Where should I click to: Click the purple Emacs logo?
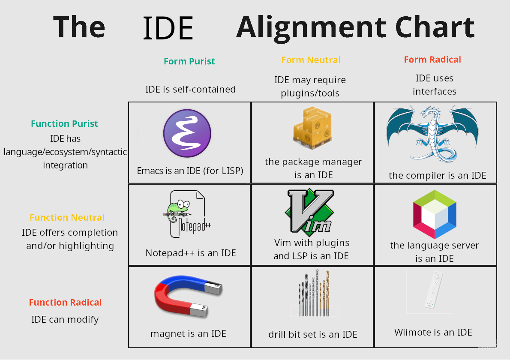187,133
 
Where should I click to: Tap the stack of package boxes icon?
312,127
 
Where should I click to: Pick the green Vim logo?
309,211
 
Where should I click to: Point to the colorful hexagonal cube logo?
435,214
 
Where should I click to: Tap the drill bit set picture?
314,293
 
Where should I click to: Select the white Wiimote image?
434,290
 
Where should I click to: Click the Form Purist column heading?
189,61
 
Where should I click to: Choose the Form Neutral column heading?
311,60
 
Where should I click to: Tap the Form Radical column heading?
432,60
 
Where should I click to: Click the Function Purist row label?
64,123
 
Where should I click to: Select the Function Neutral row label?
67,217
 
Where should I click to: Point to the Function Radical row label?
66,303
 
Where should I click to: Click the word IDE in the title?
168,28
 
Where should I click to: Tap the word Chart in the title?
435,27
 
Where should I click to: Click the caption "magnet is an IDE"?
188,333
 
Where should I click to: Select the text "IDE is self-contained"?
190,89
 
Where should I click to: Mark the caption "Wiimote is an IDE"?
433,332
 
